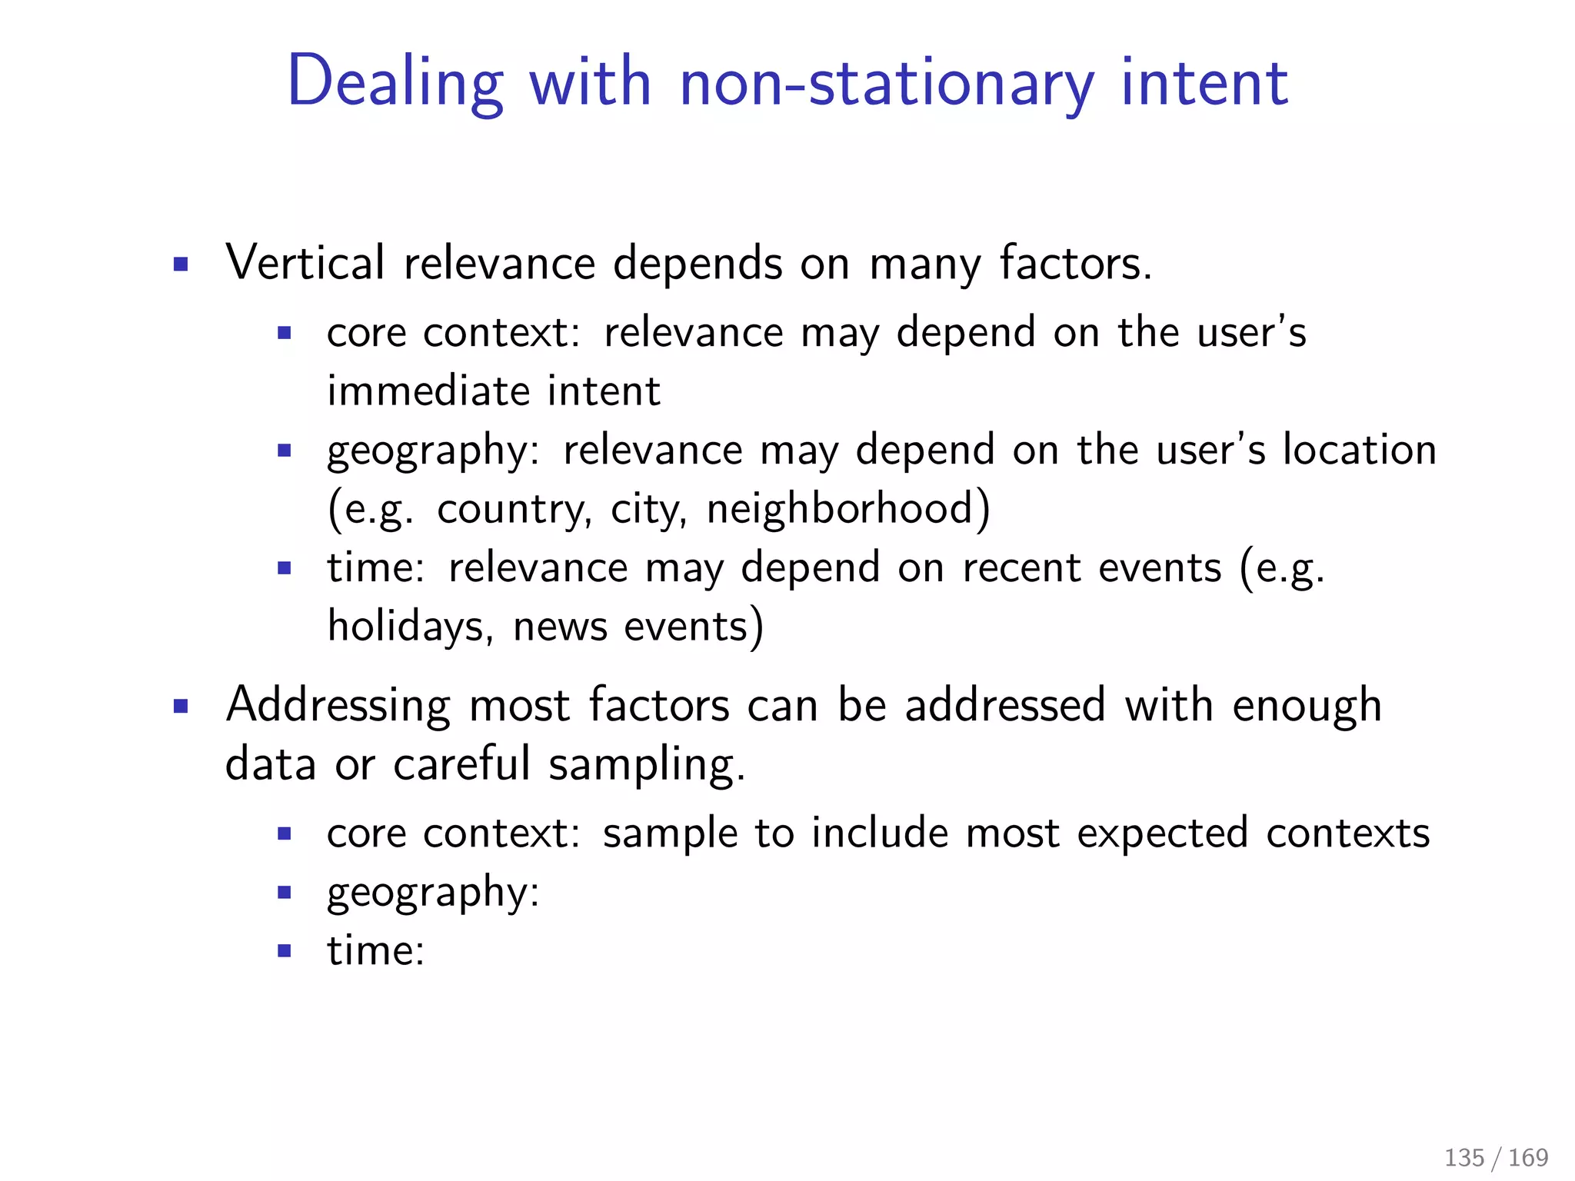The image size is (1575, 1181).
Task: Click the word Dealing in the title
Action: tap(395, 83)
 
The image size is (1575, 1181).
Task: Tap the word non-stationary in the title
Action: tap(887, 83)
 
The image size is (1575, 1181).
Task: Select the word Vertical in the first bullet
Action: tap(305, 263)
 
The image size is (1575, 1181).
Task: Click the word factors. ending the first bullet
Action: tap(1076, 263)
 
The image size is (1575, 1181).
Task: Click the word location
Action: tap(1360, 450)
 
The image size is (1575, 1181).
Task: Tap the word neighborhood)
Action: tap(848, 509)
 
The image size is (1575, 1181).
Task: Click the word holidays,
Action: tap(410, 627)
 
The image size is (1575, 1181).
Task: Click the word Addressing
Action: tap(338, 706)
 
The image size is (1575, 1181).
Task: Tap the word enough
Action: tap(1307, 706)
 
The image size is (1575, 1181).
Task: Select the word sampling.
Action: tap(647, 766)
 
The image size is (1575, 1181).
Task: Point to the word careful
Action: tap(461, 764)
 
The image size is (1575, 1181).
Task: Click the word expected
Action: tap(1161, 834)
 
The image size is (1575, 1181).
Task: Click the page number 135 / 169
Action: tap(1496, 1157)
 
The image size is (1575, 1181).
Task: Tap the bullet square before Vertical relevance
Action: tap(181, 265)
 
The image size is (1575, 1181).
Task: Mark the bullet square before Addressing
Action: tap(181, 707)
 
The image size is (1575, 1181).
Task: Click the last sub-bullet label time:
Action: tap(375, 951)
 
